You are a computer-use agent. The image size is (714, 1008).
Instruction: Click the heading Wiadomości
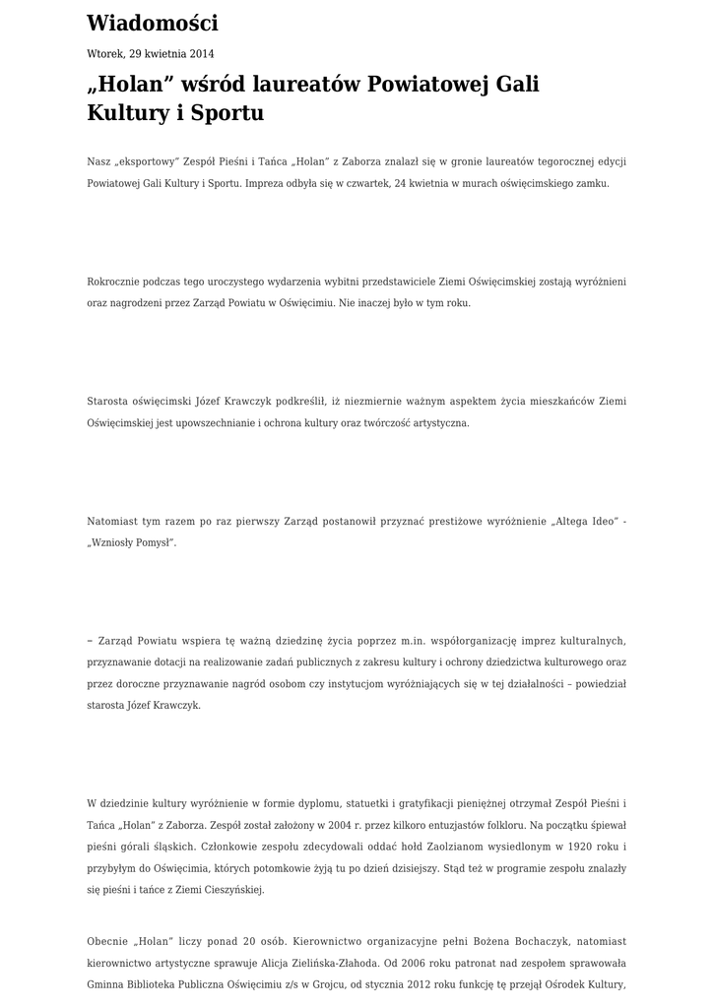(x=153, y=24)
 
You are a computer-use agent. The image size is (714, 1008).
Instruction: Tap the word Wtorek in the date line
(x=105, y=54)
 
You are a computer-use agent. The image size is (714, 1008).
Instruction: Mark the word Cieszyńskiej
(x=231, y=890)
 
